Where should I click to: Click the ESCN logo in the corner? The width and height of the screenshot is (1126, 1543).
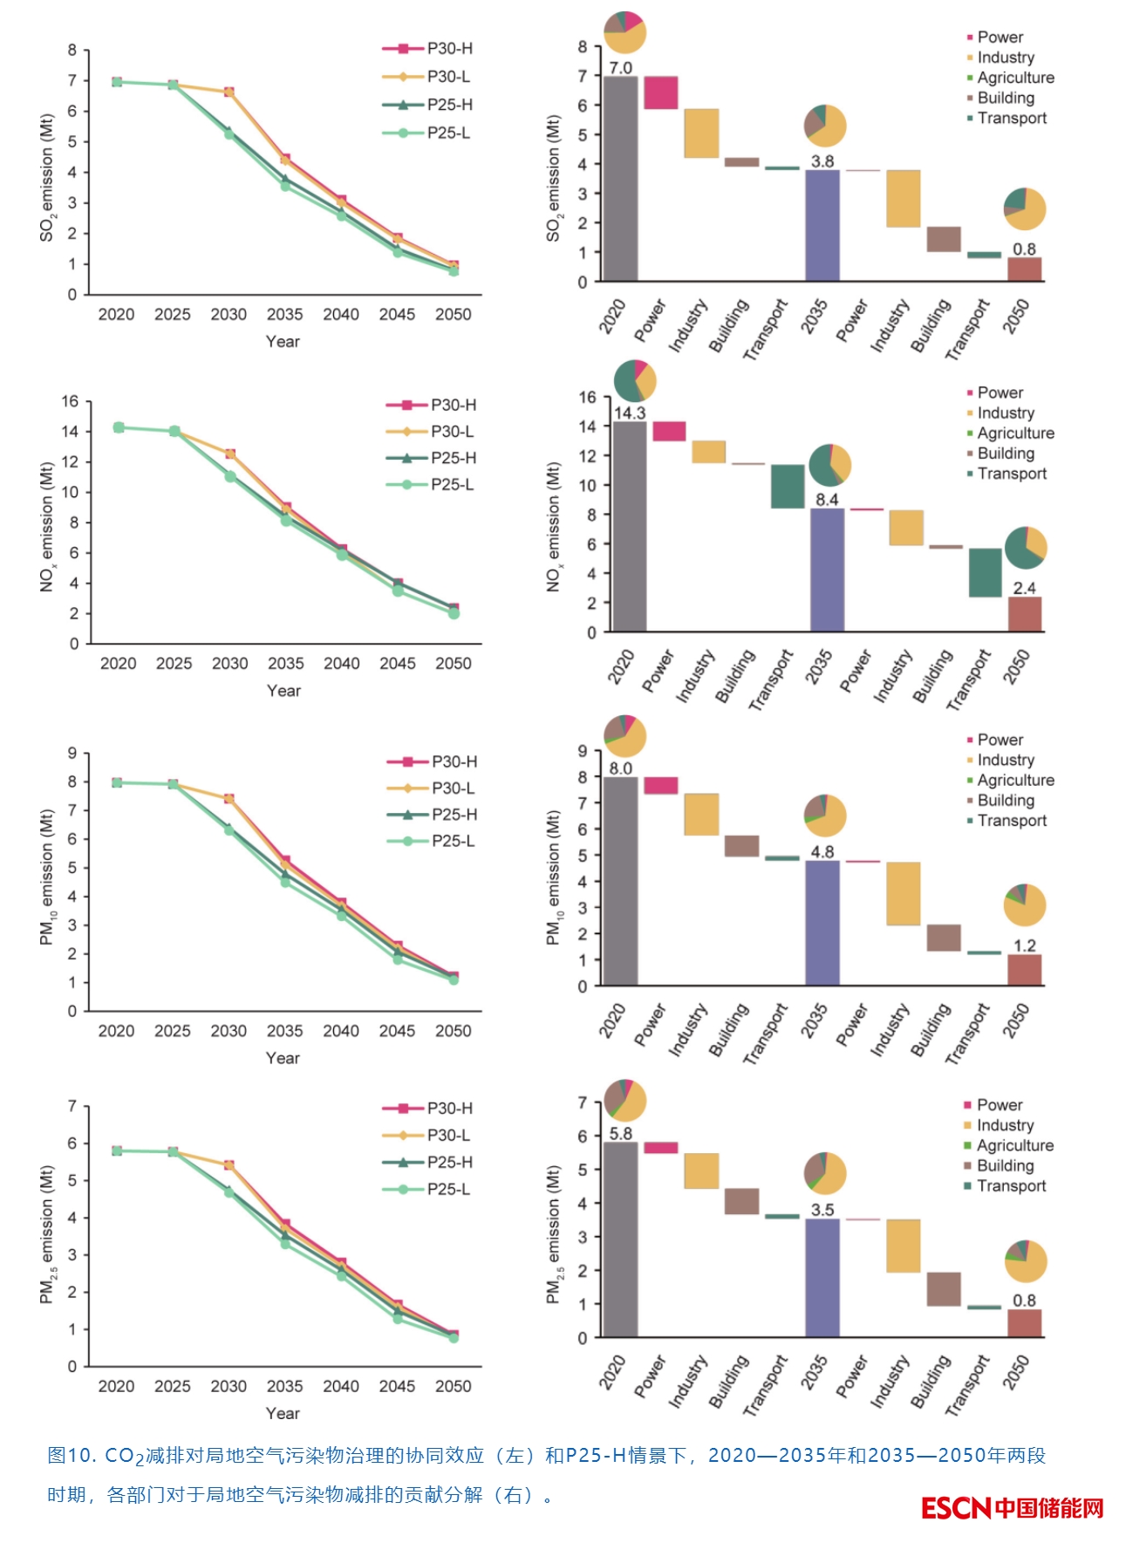pyautogui.click(x=1012, y=1508)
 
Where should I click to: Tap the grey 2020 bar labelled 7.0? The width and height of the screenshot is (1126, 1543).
pyautogui.click(x=620, y=179)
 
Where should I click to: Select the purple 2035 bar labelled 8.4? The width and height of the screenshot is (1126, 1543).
pyautogui.click(x=827, y=569)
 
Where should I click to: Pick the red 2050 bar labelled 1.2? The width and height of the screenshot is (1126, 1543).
pyautogui.click(x=1025, y=970)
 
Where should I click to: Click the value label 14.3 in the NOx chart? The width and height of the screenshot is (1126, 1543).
pyautogui.click(x=630, y=413)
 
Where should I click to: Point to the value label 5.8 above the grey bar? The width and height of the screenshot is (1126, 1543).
pyautogui.click(x=621, y=1133)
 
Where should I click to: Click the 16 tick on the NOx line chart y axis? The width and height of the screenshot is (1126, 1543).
pyautogui.click(x=70, y=401)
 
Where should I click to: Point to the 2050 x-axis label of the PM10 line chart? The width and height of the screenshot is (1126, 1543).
pyautogui.click(x=453, y=1030)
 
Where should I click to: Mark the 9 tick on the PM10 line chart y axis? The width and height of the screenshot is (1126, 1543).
pyautogui.click(x=72, y=753)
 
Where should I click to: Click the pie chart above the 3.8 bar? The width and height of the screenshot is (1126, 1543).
pyautogui.click(x=825, y=126)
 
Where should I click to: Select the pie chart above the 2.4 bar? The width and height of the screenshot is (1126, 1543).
pyautogui.click(x=1026, y=548)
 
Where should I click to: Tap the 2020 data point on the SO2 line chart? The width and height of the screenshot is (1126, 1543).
pyautogui.click(x=117, y=82)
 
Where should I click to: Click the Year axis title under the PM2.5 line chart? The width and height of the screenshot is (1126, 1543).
pyautogui.click(x=283, y=1412)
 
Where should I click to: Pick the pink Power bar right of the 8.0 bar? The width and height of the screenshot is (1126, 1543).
pyautogui.click(x=661, y=785)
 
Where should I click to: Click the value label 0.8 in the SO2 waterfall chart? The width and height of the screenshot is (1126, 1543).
pyautogui.click(x=1024, y=249)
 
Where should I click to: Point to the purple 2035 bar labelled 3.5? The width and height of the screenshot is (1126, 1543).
pyautogui.click(x=822, y=1277)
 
